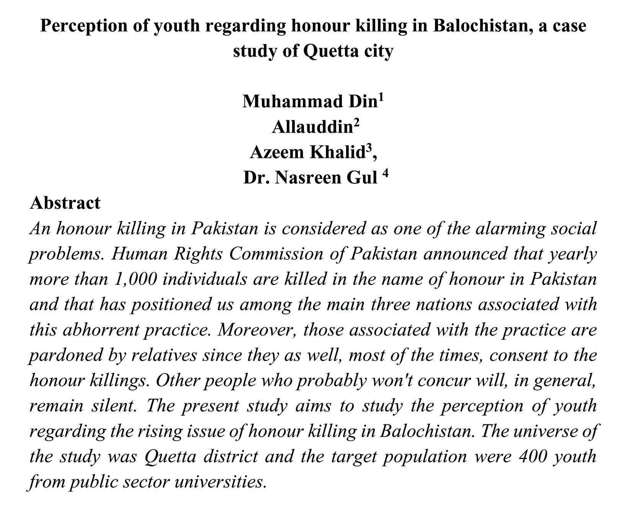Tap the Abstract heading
click(65, 203)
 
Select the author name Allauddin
click(312, 127)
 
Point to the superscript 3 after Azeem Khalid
click(368, 148)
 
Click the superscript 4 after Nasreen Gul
click(385, 173)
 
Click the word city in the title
click(379, 51)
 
